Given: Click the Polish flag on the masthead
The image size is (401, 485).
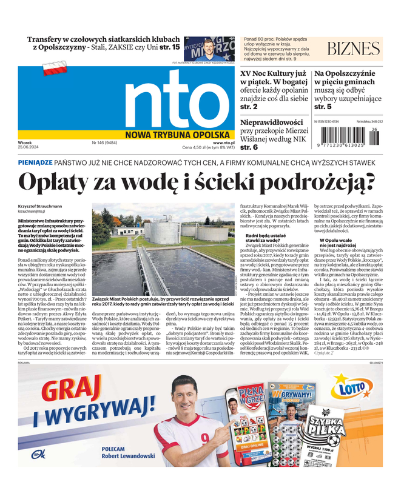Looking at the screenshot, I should coord(54,68).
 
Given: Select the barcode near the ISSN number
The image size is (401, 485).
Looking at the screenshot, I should coord(346,138).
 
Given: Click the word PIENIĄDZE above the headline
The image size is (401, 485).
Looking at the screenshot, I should coord(35,163).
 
